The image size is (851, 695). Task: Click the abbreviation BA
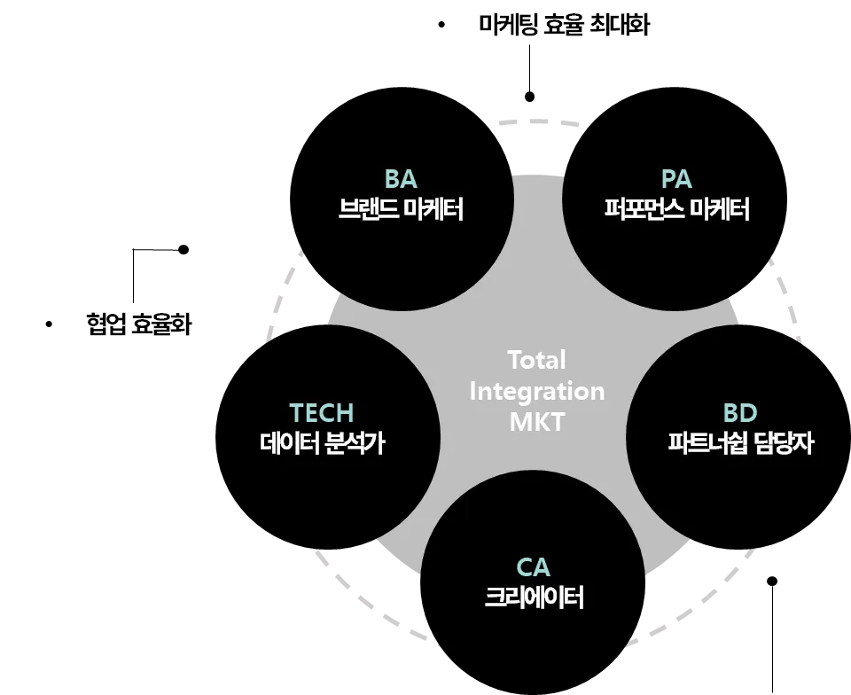pos(401,179)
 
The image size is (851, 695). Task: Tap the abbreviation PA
pos(676,179)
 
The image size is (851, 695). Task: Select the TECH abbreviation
pos(321,413)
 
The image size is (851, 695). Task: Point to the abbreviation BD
pos(740,413)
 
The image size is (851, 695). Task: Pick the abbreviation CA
pos(533,566)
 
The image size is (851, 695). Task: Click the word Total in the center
pos(536,361)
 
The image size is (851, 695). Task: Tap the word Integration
pos(536,391)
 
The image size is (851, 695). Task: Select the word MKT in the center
pos(536,421)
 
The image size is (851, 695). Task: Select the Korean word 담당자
pos(785,443)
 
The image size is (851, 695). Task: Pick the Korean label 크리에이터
pos(534,597)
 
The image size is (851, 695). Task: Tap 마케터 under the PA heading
pos(719,210)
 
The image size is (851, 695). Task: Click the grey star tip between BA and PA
pos(537,177)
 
